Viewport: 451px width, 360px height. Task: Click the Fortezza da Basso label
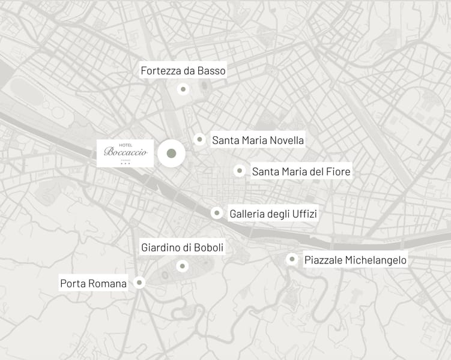click(x=183, y=71)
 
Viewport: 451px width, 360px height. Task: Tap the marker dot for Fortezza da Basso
click(x=183, y=89)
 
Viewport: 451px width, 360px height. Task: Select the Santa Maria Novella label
click(x=258, y=140)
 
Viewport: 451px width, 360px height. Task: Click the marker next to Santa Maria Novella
click(x=199, y=139)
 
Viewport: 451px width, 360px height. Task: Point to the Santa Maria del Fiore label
click(x=301, y=172)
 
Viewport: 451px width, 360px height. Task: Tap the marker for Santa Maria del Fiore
click(x=239, y=170)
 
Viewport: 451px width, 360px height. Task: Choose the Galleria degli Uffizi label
click(x=273, y=214)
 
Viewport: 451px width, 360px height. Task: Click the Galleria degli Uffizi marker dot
click(x=216, y=213)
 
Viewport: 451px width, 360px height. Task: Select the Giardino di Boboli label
click(x=182, y=247)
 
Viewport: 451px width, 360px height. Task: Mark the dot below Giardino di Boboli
click(x=183, y=266)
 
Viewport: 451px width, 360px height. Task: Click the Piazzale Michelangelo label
click(x=356, y=260)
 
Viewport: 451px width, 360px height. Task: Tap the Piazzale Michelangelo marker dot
click(x=292, y=259)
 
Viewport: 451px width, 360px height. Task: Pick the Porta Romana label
click(x=94, y=283)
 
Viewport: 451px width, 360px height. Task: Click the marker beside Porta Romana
click(x=139, y=282)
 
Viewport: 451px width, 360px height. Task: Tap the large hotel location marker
click(x=171, y=154)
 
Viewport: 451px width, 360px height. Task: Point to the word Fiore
click(x=338, y=172)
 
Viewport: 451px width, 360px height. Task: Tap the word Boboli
click(x=209, y=247)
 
